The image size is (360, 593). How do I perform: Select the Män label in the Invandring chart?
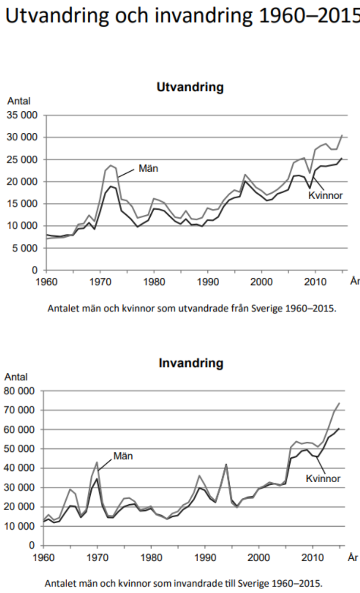123,456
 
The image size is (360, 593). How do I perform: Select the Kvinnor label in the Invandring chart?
323,478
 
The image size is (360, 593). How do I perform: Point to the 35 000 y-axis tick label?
23,115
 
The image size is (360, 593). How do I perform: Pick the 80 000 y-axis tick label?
23,391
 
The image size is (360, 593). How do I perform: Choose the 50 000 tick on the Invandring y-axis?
23,449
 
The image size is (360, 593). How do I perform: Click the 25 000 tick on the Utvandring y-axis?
23,160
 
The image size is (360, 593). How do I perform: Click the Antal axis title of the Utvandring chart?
19,102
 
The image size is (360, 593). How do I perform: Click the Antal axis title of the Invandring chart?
16,377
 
